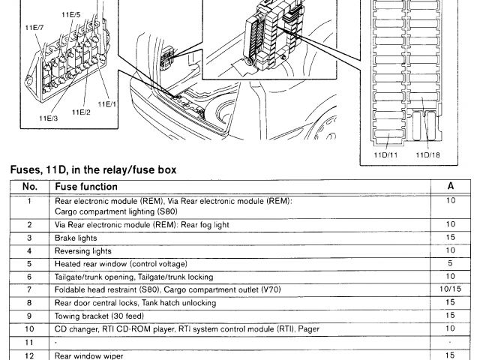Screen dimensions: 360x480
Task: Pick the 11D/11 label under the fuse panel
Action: [x=387, y=154]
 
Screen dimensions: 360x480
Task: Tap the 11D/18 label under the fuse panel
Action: [x=427, y=154]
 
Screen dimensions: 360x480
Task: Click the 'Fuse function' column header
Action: [x=86, y=186]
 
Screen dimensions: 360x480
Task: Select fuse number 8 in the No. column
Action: [x=29, y=303]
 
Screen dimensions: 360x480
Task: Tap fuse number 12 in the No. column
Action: [x=29, y=355]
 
